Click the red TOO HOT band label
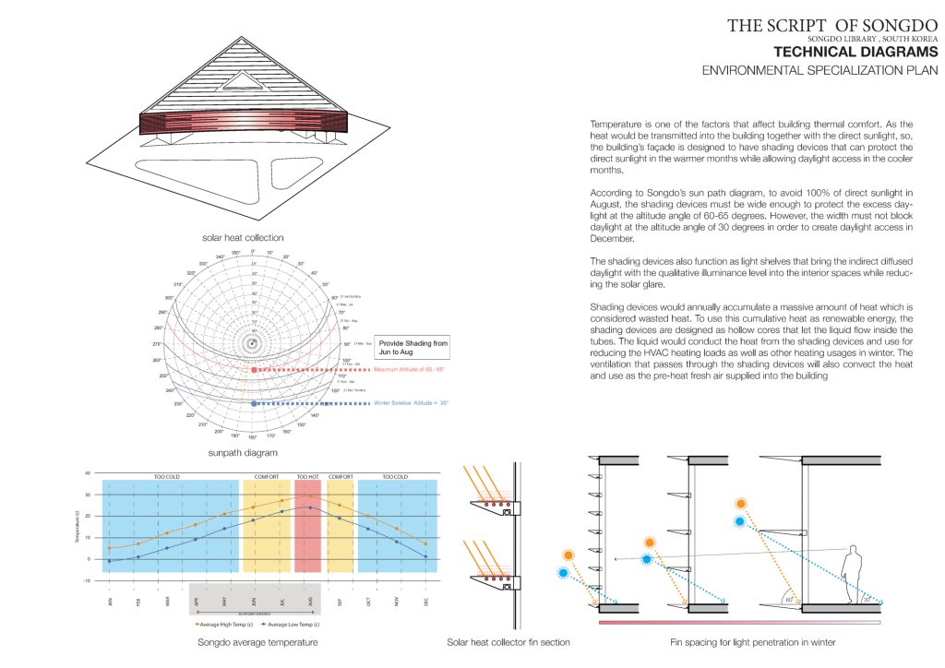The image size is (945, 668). [307, 476]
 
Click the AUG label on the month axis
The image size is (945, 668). [310, 601]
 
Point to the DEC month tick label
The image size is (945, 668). [426, 601]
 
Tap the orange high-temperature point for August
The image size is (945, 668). [310, 495]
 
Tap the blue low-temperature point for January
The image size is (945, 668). [109, 561]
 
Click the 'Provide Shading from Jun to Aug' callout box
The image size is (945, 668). [413, 347]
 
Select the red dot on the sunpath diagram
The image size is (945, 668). [253, 370]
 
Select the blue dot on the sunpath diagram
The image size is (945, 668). [253, 403]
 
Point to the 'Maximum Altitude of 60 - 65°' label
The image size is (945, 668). [422, 370]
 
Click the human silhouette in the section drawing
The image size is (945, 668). [854, 574]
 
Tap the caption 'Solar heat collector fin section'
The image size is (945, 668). [508, 642]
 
